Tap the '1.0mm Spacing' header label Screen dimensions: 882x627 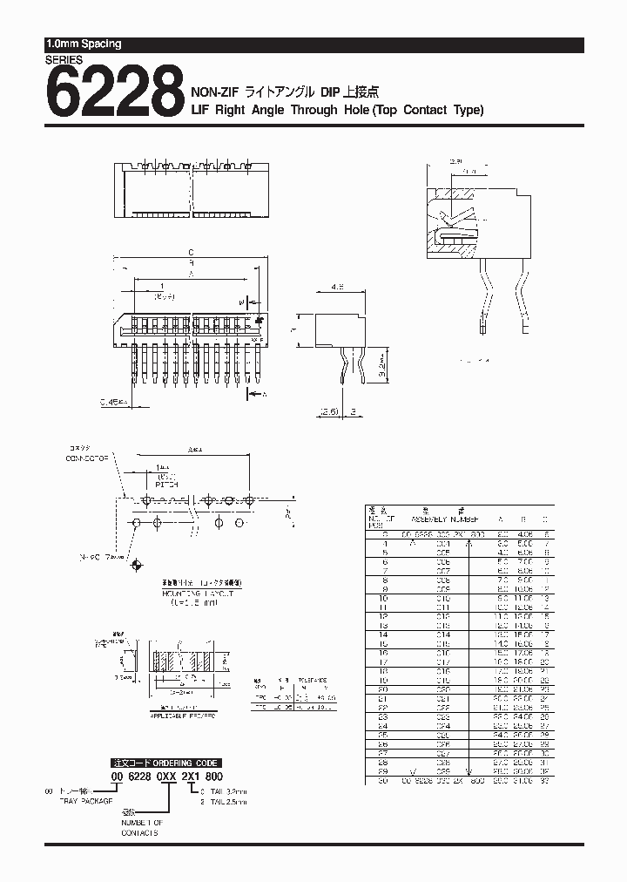pyautogui.click(x=84, y=44)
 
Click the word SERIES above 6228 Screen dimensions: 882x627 pyautogui.click(x=64, y=60)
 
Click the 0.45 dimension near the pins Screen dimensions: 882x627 pyautogui.click(x=112, y=402)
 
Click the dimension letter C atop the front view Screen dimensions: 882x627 pyautogui.click(x=191, y=253)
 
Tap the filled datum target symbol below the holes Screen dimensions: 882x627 pyautogui.click(x=135, y=567)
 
